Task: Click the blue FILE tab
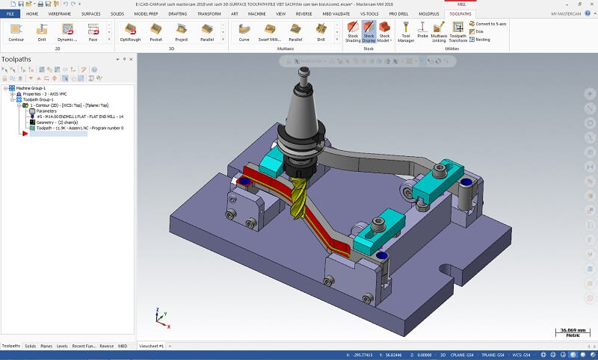[x=10, y=13]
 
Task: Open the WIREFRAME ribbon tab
[x=61, y=13]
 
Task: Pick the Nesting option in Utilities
[x=480, y=39]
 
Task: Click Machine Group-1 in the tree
[x=33, y=87]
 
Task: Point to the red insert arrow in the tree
[x=25, y=133]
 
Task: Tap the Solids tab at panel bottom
[x=30, y=347]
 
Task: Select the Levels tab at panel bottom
[x=62, y=347]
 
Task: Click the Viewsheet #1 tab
[x=151, y=347]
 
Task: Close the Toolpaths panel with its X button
[x=132, y=59]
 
